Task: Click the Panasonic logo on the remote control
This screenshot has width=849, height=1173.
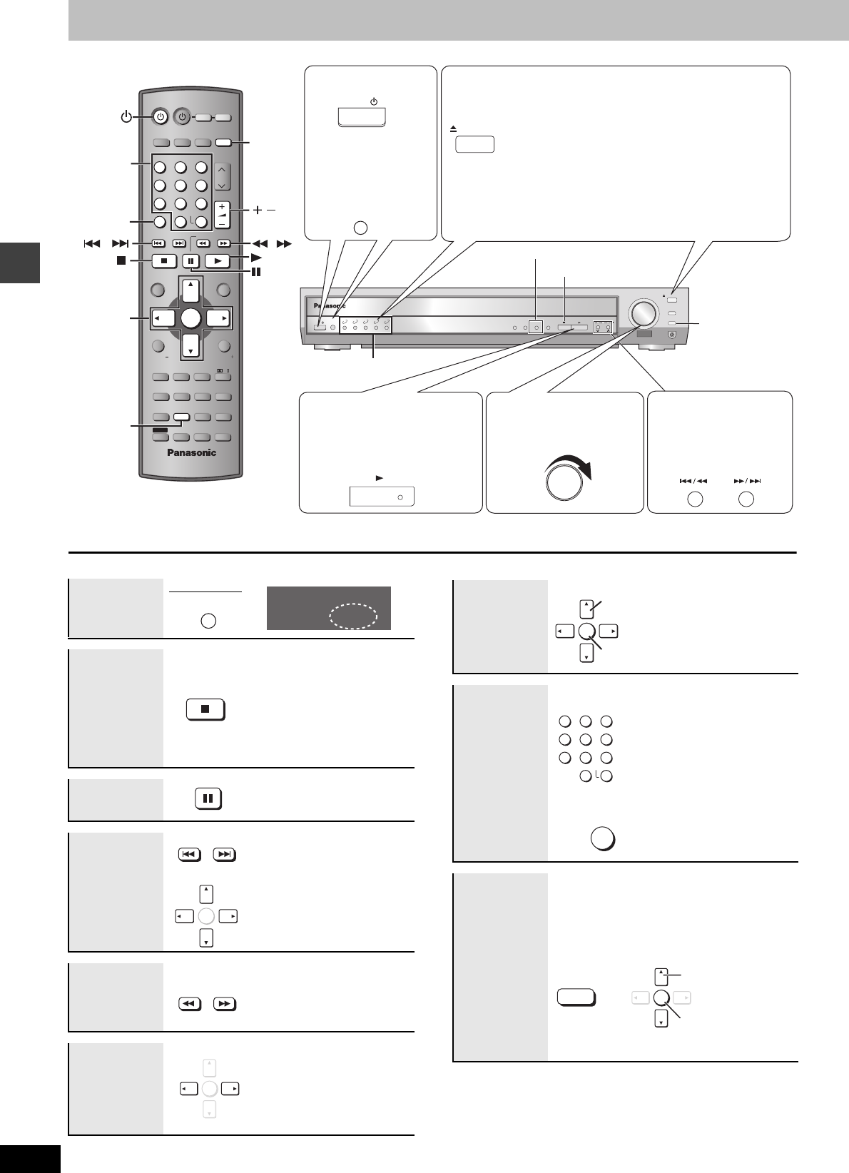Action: (191, 452)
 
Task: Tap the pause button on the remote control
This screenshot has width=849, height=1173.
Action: (190, 261)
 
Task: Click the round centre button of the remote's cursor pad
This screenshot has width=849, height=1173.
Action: (190, 318)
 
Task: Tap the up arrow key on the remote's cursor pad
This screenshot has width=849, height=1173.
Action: (190, 290)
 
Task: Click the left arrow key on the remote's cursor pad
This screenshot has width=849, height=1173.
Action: (163, 318)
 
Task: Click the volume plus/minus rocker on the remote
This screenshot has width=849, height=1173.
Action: (223, 214)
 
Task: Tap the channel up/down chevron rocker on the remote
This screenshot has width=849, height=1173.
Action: (223, 177)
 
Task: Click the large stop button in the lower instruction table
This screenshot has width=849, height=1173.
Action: (205, 710)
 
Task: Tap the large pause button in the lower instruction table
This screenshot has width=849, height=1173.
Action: (208, 798)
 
